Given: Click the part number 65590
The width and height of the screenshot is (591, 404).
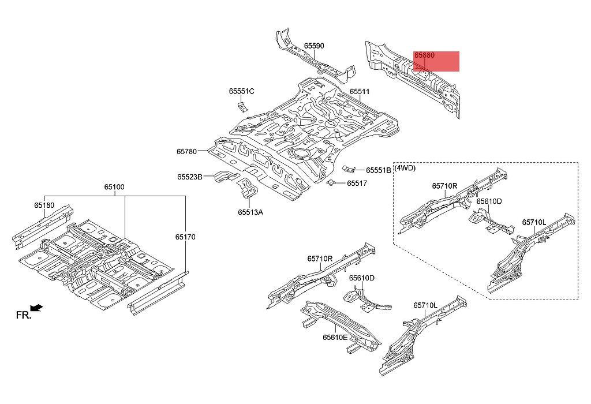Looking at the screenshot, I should pos(314,46).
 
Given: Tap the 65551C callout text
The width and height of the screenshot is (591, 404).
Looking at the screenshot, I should pos(241,91).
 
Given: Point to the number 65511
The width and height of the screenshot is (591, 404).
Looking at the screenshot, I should pos(360,92).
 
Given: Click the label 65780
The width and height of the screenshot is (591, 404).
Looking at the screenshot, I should pos(186,152).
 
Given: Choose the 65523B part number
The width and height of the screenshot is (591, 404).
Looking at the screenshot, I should pos(189,177).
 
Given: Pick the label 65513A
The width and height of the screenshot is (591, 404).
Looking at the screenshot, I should pos(250,212).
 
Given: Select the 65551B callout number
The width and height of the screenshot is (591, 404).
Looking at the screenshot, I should pos(377,170).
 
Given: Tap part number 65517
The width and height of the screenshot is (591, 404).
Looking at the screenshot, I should pos(357,184).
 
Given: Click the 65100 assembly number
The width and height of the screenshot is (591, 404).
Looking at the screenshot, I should pos(114,187).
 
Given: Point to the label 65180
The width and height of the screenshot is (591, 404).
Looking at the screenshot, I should pos(44,205).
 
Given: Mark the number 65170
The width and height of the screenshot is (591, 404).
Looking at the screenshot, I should pos(186,236).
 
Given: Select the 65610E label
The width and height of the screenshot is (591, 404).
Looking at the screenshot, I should pos(335,337).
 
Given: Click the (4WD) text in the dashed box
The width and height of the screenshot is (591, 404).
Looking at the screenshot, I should pos(405,168).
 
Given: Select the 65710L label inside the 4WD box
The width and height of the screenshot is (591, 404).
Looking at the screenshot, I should pos(534,222).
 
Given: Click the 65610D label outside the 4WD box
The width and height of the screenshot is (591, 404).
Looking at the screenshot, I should pos(361,278).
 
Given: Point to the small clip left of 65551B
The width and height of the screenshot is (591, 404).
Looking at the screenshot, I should pos(349,168).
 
